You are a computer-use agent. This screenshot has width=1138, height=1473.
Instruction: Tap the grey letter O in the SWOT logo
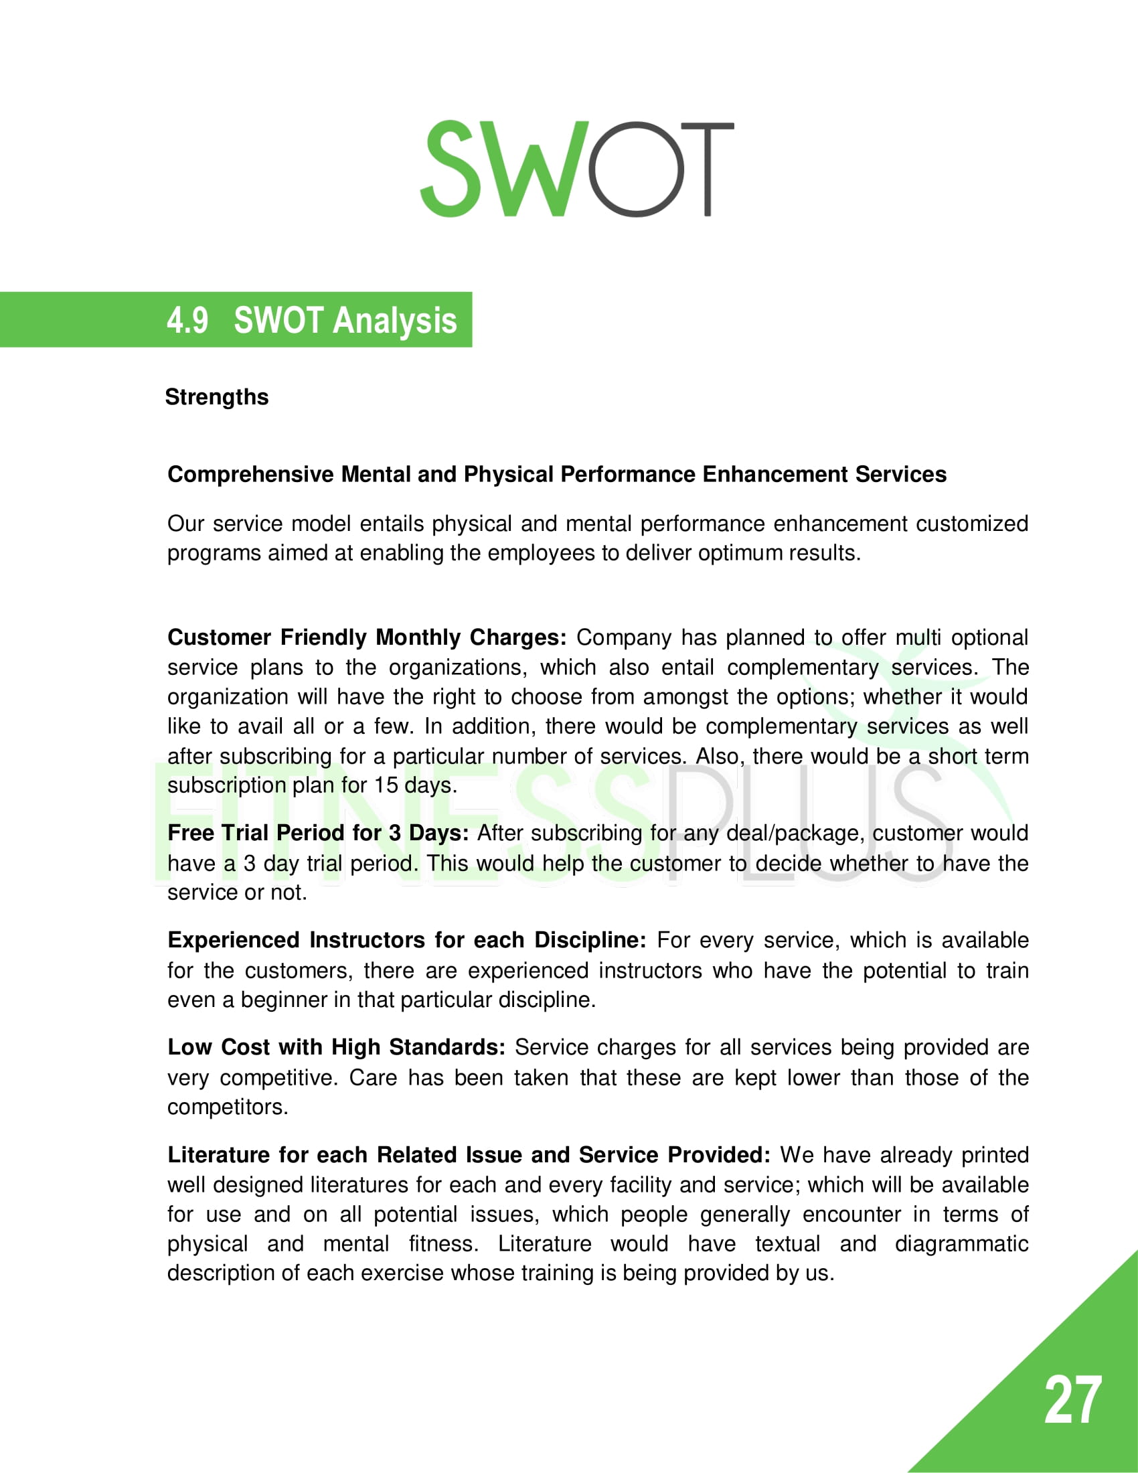click(x=637, y=170)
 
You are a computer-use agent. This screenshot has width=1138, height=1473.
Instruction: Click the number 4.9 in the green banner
click(x=187, y=320)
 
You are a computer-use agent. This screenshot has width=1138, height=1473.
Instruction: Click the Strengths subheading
click(x=216, y=397)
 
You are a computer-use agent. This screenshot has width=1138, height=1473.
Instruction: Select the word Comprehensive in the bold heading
click(x=250, y=475)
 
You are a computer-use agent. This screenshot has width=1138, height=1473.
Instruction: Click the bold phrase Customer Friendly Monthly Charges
click(x=367, y=637)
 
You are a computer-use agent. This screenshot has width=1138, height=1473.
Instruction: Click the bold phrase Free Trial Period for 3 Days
click(x=317, y=833)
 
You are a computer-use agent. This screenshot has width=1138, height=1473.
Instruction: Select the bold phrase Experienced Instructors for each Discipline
click(x=406, y=940)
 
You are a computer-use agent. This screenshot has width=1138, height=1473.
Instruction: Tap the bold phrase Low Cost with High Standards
click(x=336, y=1047)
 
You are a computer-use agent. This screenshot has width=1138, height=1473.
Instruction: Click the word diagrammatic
click(x=961, y=1244)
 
